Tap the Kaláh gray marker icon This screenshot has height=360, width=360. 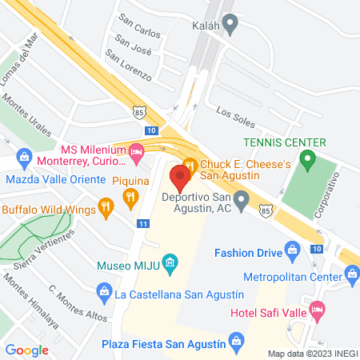[231, 26]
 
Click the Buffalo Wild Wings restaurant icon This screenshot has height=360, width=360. [105, 210]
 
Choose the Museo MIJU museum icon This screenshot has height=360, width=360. [169, 262]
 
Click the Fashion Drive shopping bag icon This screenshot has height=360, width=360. [294, 254]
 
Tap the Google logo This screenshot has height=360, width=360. [27, 350]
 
